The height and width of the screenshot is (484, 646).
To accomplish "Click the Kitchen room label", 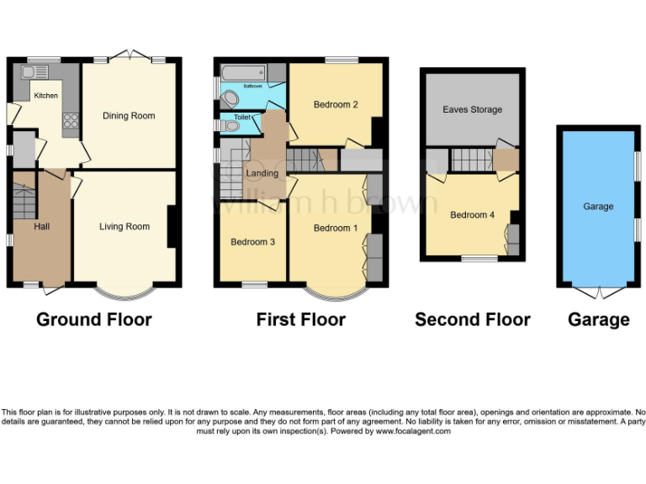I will [45, 96].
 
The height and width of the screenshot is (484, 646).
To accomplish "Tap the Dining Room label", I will [129, 116].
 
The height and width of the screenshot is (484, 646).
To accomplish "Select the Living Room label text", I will [124, 227].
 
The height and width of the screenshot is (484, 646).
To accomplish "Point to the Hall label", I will [42, 227].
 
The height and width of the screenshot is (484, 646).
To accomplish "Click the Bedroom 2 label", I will [336, 105].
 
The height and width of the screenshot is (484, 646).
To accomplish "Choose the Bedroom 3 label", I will [253, 242].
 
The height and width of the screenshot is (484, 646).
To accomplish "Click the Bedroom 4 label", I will [472, 215].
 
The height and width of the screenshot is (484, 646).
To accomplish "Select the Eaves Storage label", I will [472, 110].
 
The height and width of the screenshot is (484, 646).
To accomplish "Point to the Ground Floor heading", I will [93, 319].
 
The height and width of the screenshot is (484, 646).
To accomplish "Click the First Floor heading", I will [300, 319].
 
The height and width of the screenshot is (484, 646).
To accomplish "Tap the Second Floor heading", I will [472, 319].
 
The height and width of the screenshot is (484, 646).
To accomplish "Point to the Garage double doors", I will [598, 293].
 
